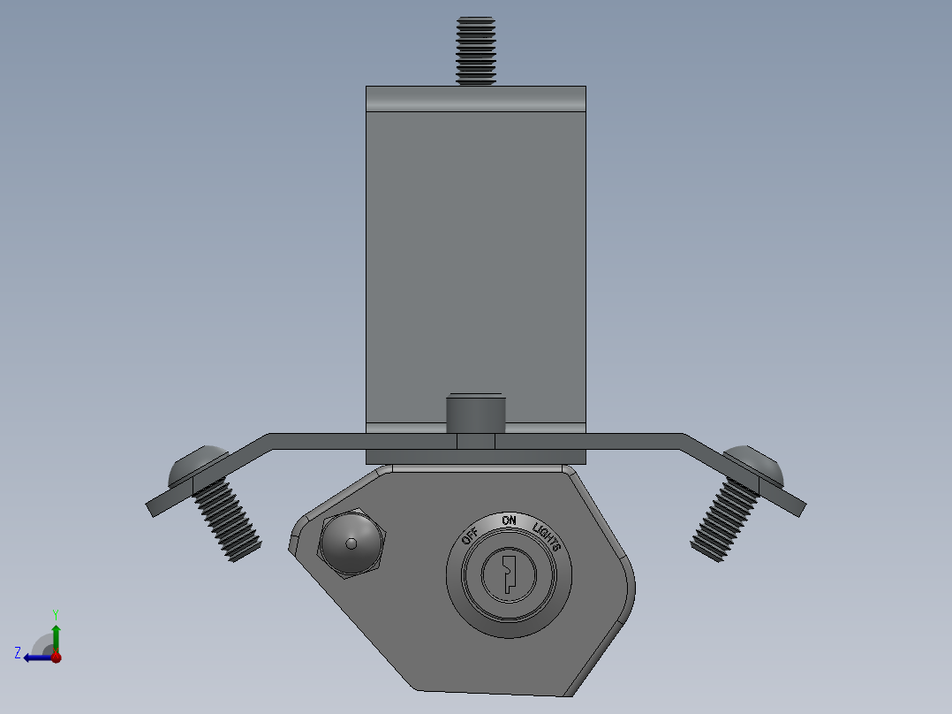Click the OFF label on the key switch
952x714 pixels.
point(470,535)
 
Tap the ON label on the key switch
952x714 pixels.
point(509,521)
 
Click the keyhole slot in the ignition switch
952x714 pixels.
point(508,573)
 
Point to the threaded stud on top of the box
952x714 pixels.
point(476,50)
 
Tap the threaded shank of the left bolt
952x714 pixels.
point(226,522)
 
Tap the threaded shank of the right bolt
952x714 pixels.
point(725,520)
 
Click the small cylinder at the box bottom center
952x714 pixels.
point(475,411)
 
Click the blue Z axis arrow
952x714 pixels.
point(37,657)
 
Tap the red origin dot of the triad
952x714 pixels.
point(56,657)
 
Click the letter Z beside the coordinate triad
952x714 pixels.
point(18,652)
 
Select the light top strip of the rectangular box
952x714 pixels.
point(476,98)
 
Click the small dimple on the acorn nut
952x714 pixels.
point(351,543)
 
